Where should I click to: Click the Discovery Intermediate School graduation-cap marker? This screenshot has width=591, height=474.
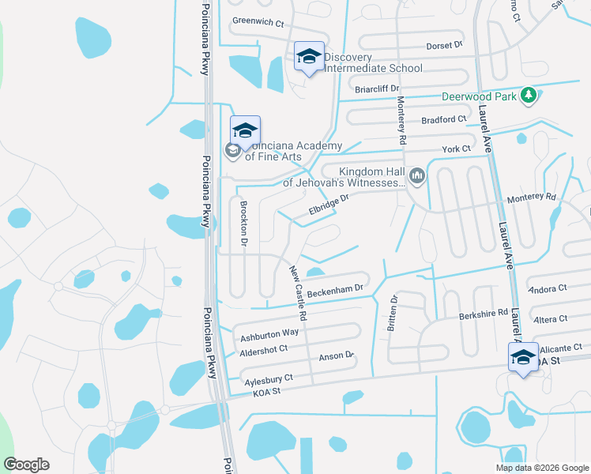pos(309,57)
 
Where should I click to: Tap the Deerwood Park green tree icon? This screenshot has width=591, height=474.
pos(529,96)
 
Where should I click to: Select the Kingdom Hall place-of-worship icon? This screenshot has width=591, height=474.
pos(417,175)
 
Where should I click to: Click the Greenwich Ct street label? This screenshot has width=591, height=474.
pos(258,23)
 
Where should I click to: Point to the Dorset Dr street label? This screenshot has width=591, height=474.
pos(444,45)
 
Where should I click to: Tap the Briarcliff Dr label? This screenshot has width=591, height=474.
pos(378,89)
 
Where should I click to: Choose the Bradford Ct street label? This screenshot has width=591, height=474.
pos(445,119)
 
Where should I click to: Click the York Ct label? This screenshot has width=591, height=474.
pos(456,149)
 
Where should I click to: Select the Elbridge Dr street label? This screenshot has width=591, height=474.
pos(328,205)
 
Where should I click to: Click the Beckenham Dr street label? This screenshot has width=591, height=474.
pos(335,292)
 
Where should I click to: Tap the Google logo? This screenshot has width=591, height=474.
pos(26,465)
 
